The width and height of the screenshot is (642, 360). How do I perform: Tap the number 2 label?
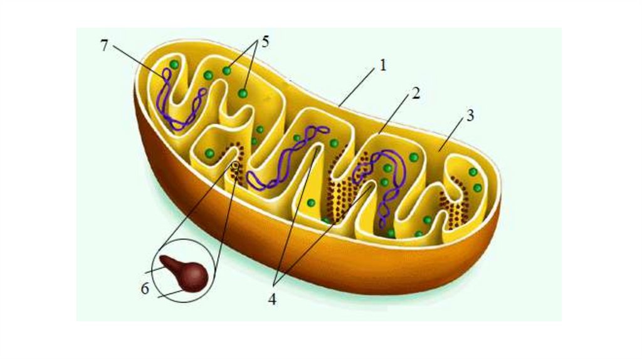point(415,94)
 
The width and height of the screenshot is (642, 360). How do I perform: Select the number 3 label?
point(470,115)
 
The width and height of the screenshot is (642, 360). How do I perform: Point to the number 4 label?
point(272,299)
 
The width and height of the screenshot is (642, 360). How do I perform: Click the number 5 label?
point(265,42)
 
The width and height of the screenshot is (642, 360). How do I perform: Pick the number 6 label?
point(145,290)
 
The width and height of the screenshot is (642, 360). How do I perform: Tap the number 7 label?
point(104,45)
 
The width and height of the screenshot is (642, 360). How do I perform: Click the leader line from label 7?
point(138,61)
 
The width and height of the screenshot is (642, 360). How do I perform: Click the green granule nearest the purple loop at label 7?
point(174,65)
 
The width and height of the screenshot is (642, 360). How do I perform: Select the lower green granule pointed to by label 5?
point(243,93)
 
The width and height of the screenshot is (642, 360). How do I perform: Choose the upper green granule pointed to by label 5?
point(227,71)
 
